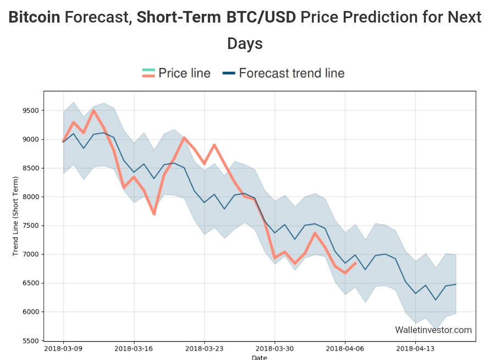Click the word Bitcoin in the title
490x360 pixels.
click(x=34, y=18)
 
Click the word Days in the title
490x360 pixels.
click(x=245, y=43)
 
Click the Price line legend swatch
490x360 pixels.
click(x=148, y=73)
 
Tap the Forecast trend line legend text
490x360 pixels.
click(x=291, y=73)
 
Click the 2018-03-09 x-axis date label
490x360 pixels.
click(x=63, y=348)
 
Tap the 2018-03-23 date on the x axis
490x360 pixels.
click(x=204, y=348)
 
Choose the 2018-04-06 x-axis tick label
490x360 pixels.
click(x=345, y=348)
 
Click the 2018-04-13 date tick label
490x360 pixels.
click(x=415, y=348)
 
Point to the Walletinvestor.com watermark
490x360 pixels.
click(x=433, y=330)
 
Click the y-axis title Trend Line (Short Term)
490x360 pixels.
click(x=15, y=216)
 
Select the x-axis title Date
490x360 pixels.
click(x=259, y=357)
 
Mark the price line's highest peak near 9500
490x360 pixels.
click(x=93, y=111)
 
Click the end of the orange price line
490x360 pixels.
click(x=355, y=263)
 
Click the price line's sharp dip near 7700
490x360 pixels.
click(x=154, y=214)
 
